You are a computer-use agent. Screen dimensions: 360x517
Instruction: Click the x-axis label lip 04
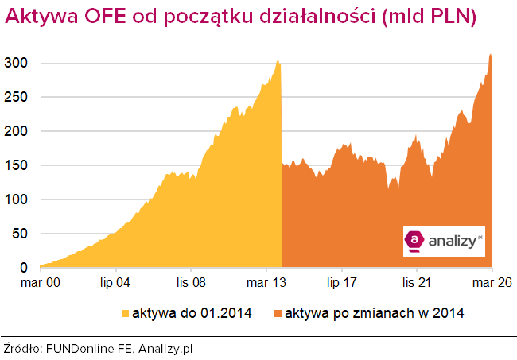[115, 281]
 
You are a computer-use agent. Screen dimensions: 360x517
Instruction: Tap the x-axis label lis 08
[192, 281]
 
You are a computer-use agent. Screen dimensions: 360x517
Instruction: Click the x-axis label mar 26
[492, 281]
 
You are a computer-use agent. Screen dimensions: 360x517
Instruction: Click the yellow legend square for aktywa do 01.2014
[124, 312]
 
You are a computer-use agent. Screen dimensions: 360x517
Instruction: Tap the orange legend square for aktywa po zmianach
[276, 312]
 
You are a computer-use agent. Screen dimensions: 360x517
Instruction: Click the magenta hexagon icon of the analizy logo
[414, 239]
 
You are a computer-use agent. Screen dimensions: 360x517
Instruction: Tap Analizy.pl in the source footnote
[168, 348]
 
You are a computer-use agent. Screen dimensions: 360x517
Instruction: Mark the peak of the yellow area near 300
[278, 60]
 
